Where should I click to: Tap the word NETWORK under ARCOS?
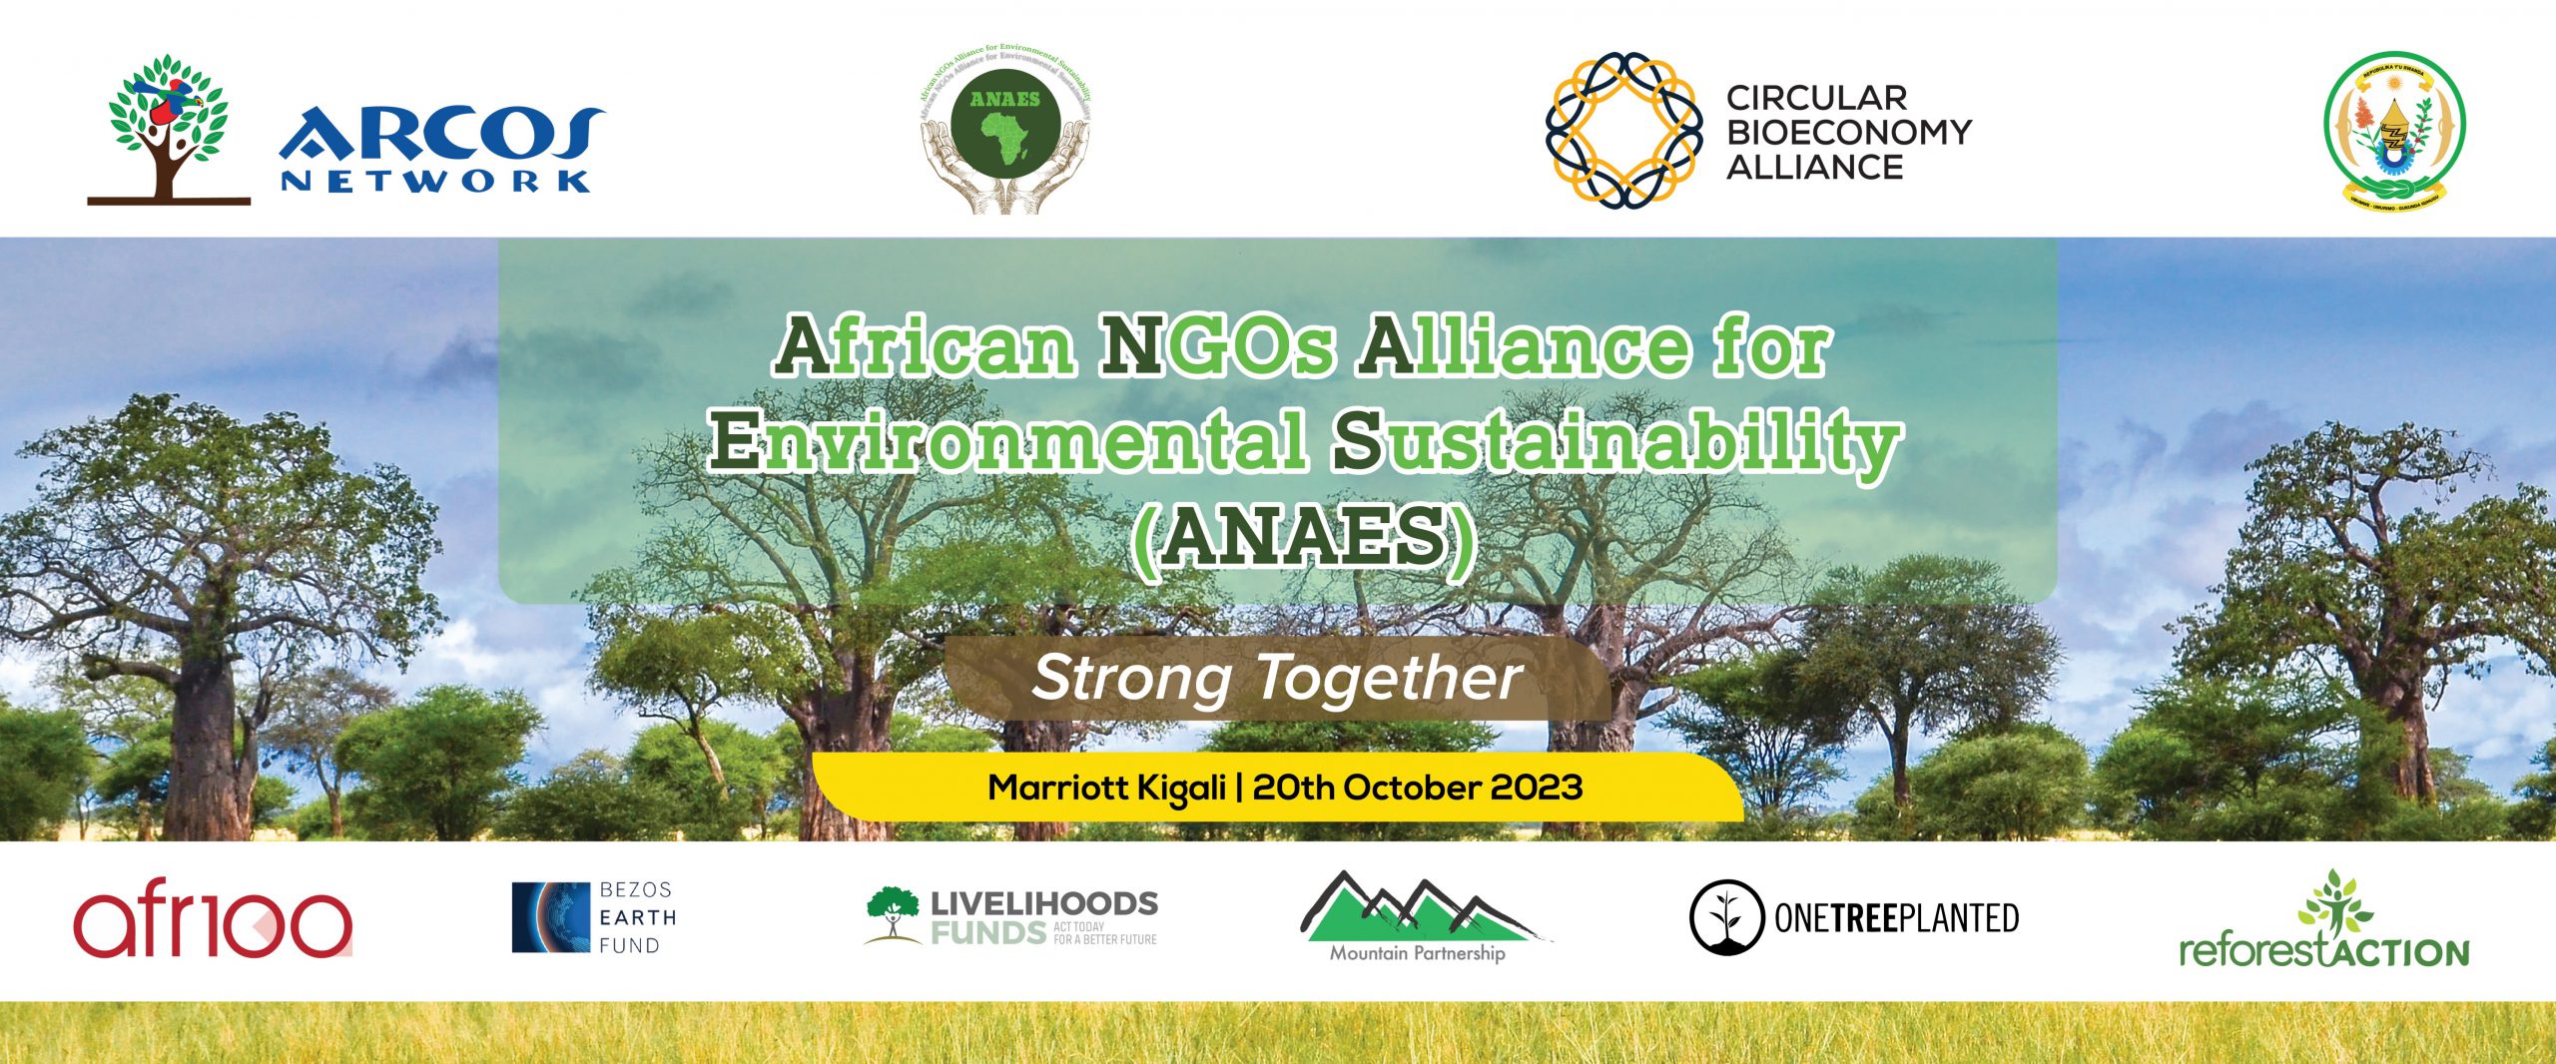(x=435, y=181)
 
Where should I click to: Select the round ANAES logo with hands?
(x=1005, y=132)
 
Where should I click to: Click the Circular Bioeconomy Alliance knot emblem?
(x=1623, y=131)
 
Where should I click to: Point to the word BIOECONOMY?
(x=1848, y=132)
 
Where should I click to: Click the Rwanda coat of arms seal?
(x=2393, y=131)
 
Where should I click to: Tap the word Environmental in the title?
(x=1008, y=442)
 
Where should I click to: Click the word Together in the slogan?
(x=1389, y=679)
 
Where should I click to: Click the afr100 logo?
(x=213, y=922)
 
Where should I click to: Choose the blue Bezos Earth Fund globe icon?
(x=550, y=917)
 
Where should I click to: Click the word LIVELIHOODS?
(x=1044, y=903)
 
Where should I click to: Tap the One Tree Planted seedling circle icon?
(x=1724, y=917)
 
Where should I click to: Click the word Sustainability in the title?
(x=1617, y=442)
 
